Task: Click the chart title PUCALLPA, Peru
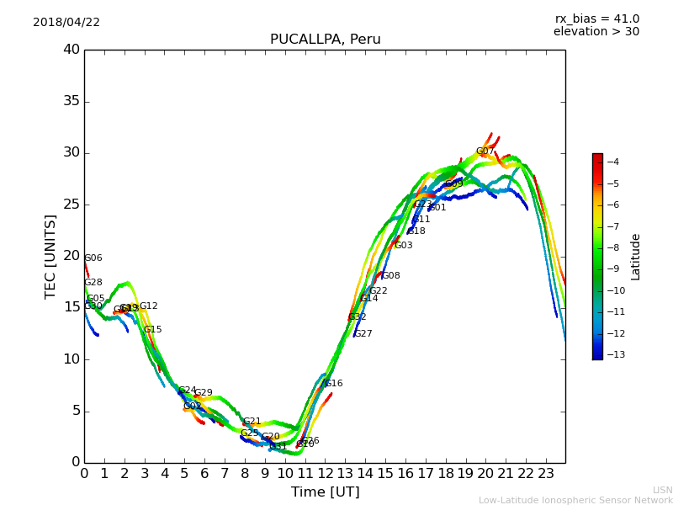[325, 40]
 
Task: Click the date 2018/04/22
[66, 23]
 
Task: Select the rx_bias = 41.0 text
[596, 19]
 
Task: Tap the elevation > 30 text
[596, 32]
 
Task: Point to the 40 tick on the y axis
[72, 50]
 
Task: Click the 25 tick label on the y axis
[72, 205]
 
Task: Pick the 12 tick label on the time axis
[325, 473]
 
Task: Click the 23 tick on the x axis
[545, 473]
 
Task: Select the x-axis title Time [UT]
[325, 492]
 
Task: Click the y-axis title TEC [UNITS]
[50, 256]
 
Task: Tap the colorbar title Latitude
[635, 257]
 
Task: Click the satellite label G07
[485, 152]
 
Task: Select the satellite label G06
[93, 258]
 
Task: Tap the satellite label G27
[363, 334]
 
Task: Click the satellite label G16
[333, 384]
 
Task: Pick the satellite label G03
[404, 246]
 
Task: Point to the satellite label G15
[152, 330]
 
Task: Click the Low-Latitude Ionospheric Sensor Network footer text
[575, 501]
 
